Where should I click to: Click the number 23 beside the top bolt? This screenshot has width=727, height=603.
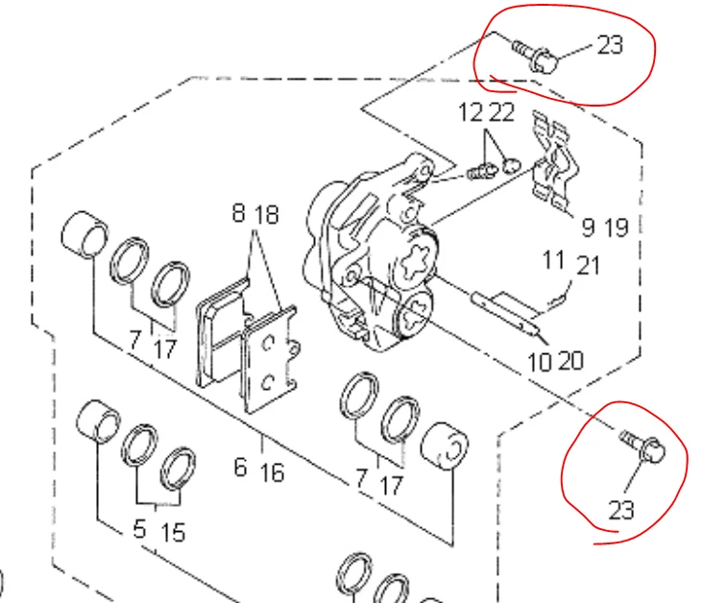click(610, 44)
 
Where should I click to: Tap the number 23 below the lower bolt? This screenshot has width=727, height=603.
click(621, 509)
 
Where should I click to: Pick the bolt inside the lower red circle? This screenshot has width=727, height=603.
click(642, 446)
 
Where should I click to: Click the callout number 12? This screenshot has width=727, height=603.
click(471, 114)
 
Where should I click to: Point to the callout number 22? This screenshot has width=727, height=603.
click(501, 114)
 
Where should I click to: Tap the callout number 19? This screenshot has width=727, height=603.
click(616, 228)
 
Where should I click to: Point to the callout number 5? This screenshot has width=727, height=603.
click(140, 530)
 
